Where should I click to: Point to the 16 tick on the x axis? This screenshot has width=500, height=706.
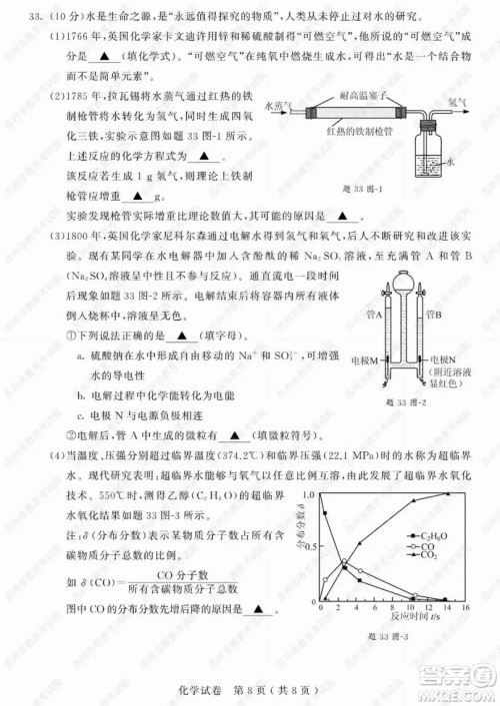[x=465, y=606]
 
